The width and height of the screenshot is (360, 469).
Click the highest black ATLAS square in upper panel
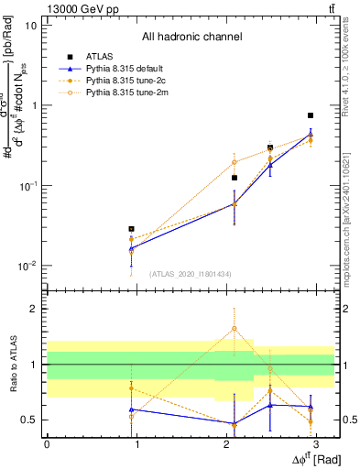click(311, 115)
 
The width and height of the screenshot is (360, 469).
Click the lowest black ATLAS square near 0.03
click(132, 229)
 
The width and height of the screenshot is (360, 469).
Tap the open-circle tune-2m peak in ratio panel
click(235, 328)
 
